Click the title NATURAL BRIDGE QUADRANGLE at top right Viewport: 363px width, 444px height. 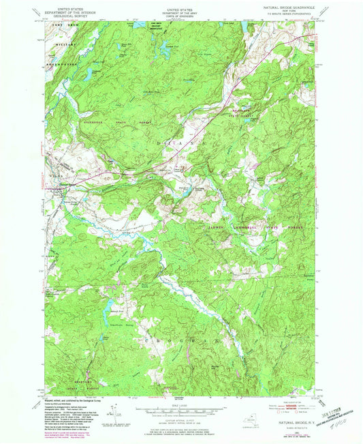295,6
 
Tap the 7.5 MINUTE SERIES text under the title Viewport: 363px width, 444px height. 295,13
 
